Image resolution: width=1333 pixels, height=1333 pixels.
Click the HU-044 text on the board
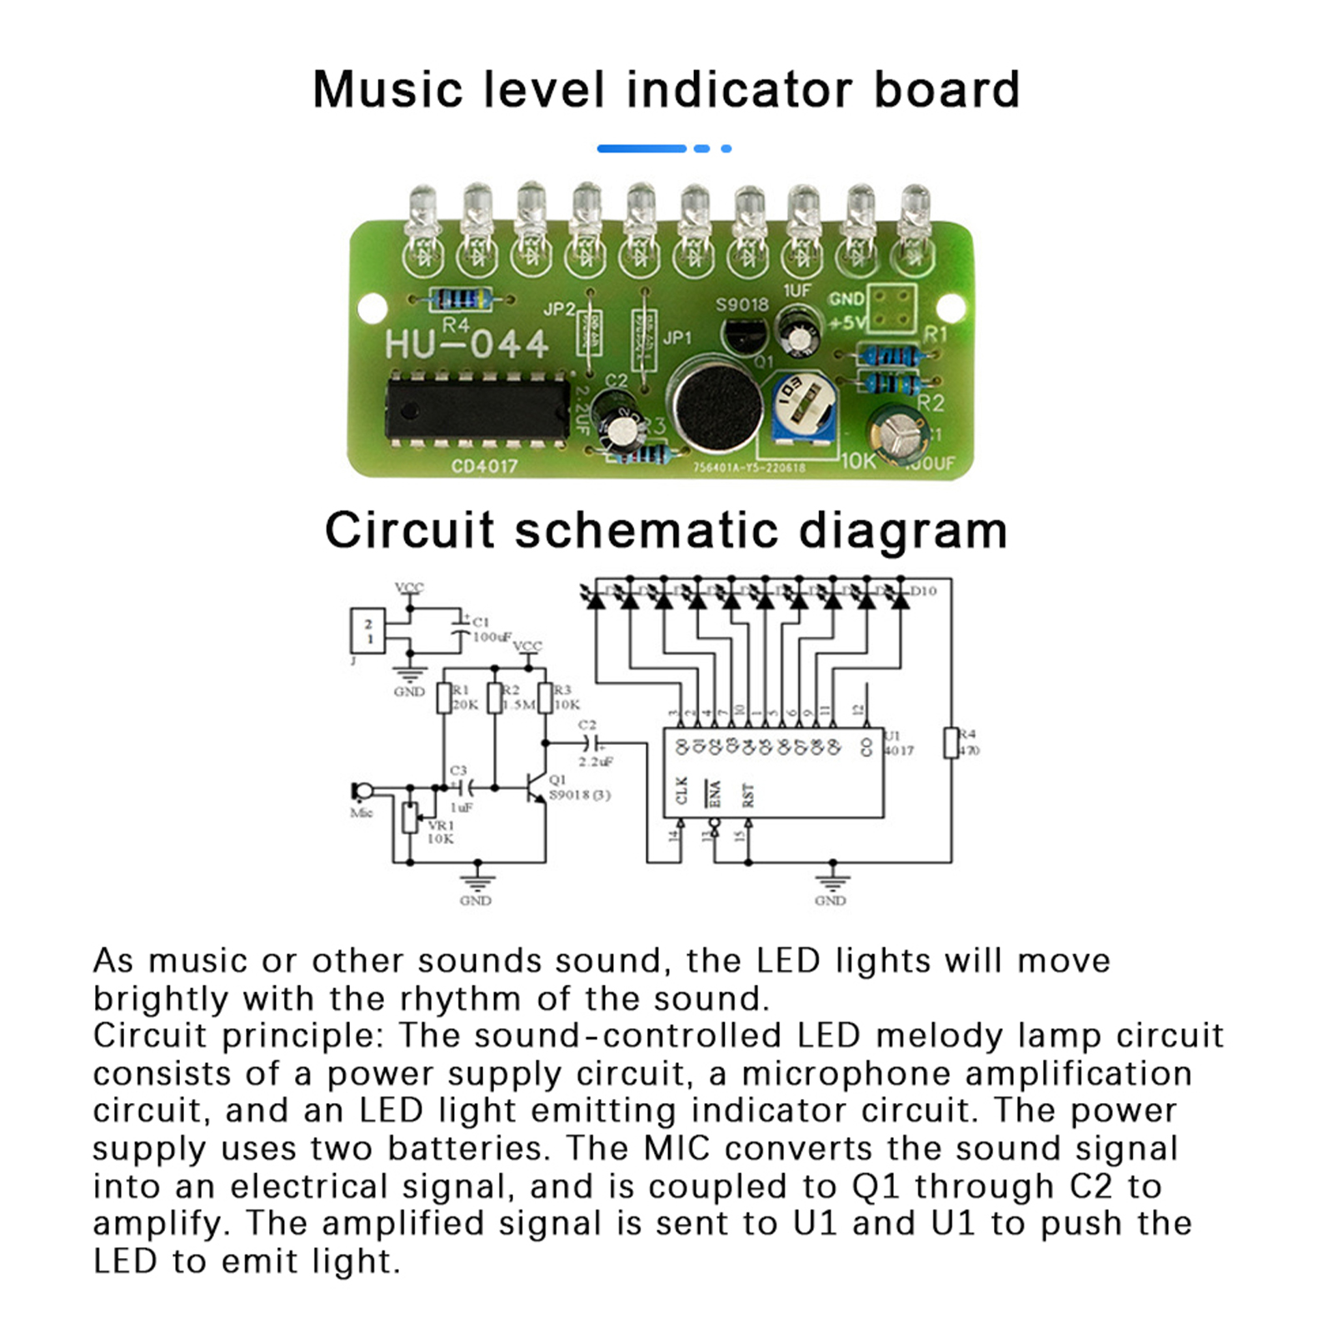[x=467, y=344]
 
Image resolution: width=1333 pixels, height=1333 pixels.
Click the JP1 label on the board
[x=677, y=337]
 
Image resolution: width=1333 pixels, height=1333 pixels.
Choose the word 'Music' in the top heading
[x=388, y=90]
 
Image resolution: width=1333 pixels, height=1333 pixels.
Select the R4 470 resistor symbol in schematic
[x=951, y=742]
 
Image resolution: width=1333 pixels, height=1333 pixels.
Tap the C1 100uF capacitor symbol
[x=460, y=630]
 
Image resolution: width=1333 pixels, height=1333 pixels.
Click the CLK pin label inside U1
[x=681, y=790]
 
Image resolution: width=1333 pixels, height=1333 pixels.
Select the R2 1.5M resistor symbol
[x=495, y=698]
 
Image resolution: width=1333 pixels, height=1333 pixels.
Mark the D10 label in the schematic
[x=923, y=591]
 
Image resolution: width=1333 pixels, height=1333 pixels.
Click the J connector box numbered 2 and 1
[x=367, y=631]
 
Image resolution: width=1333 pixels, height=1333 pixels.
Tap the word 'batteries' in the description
[x=467, y=1149]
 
